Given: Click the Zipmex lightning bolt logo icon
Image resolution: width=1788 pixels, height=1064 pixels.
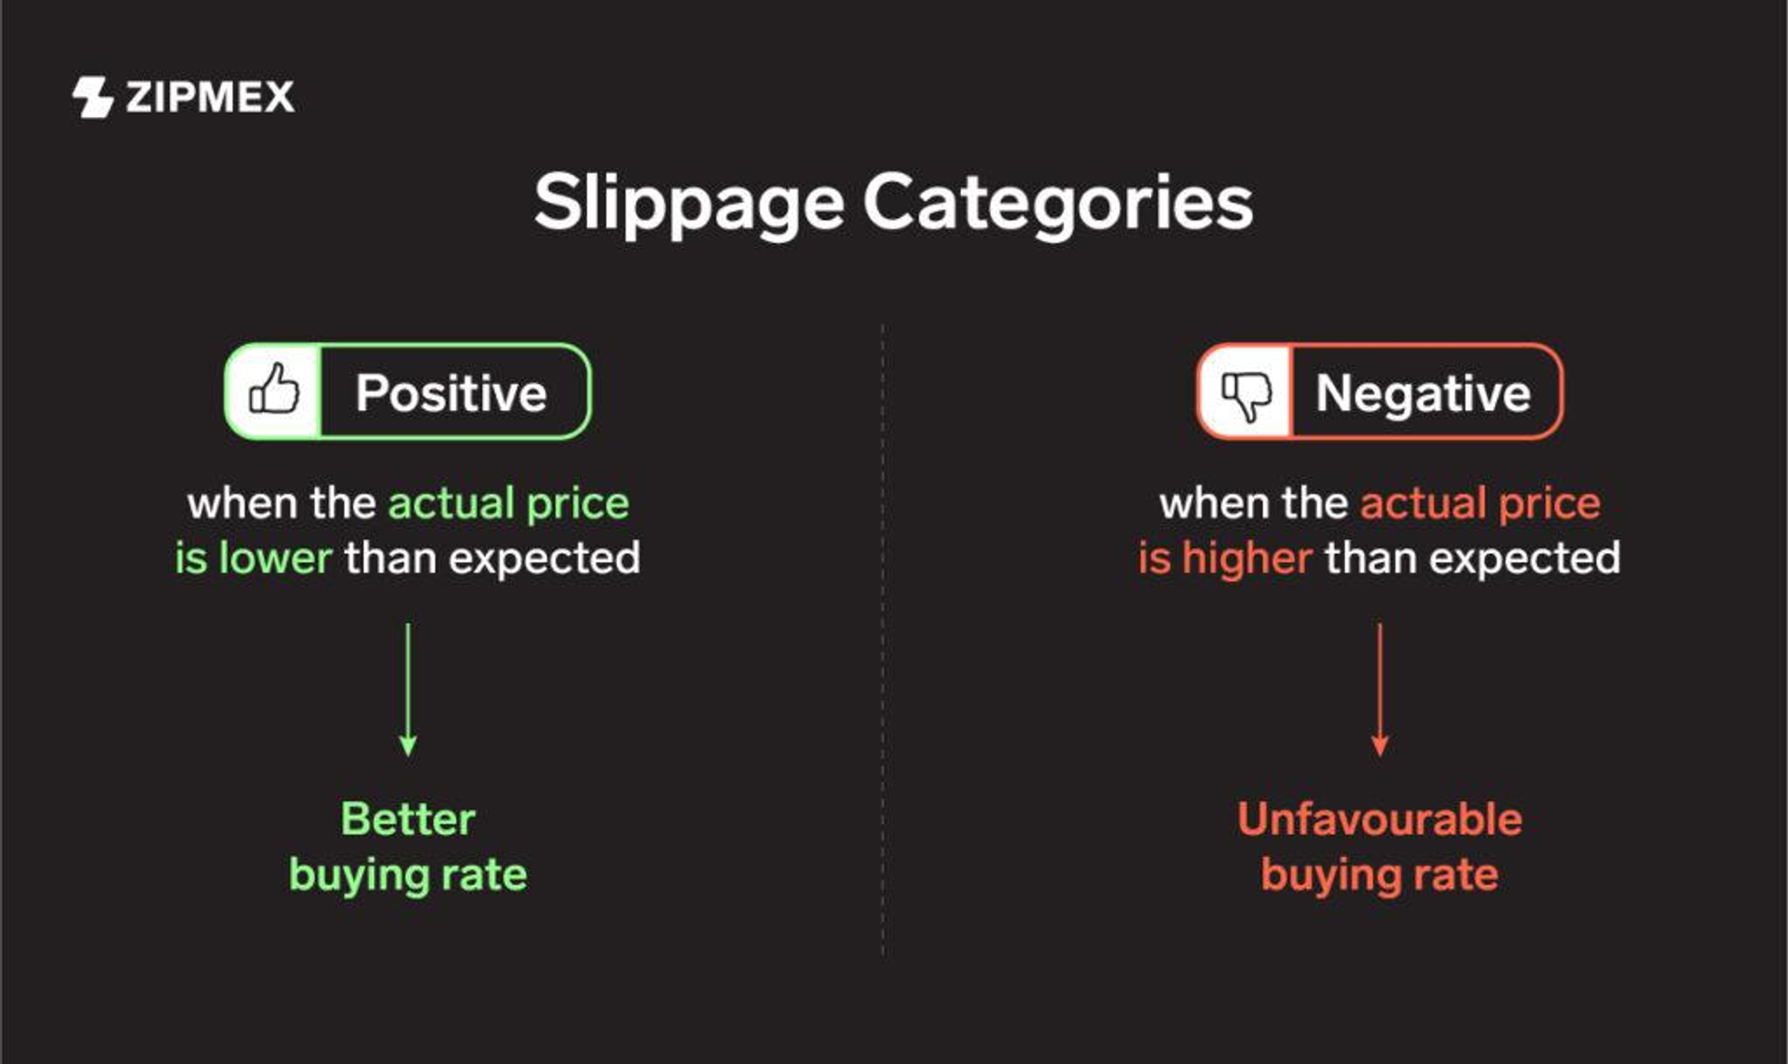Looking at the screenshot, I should tap(92, 96).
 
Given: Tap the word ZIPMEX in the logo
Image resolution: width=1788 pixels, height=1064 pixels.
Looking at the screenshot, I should tap(210, 96).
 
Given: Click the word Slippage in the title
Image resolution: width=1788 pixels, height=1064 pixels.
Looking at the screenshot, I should tap(688, 204).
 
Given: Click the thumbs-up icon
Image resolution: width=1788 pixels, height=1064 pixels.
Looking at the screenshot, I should tap(274, 390).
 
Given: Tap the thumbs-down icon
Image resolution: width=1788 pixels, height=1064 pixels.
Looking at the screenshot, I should tap(1246, 393).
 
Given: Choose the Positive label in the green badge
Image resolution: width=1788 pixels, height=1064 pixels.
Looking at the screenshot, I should tap(451, 393).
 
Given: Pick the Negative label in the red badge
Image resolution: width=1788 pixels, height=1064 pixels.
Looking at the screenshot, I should tap(1423, 393).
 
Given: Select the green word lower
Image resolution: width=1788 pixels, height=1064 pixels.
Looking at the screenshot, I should tap(275, 558).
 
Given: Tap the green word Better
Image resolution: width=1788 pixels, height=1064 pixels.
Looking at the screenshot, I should tap(408, 818).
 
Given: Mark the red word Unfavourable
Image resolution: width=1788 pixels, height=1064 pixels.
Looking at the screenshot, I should tap(1379, 818).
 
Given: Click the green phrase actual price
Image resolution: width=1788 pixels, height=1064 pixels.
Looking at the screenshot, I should tap(509, 504).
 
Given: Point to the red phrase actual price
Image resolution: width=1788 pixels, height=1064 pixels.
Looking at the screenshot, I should tap(1480, 504).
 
